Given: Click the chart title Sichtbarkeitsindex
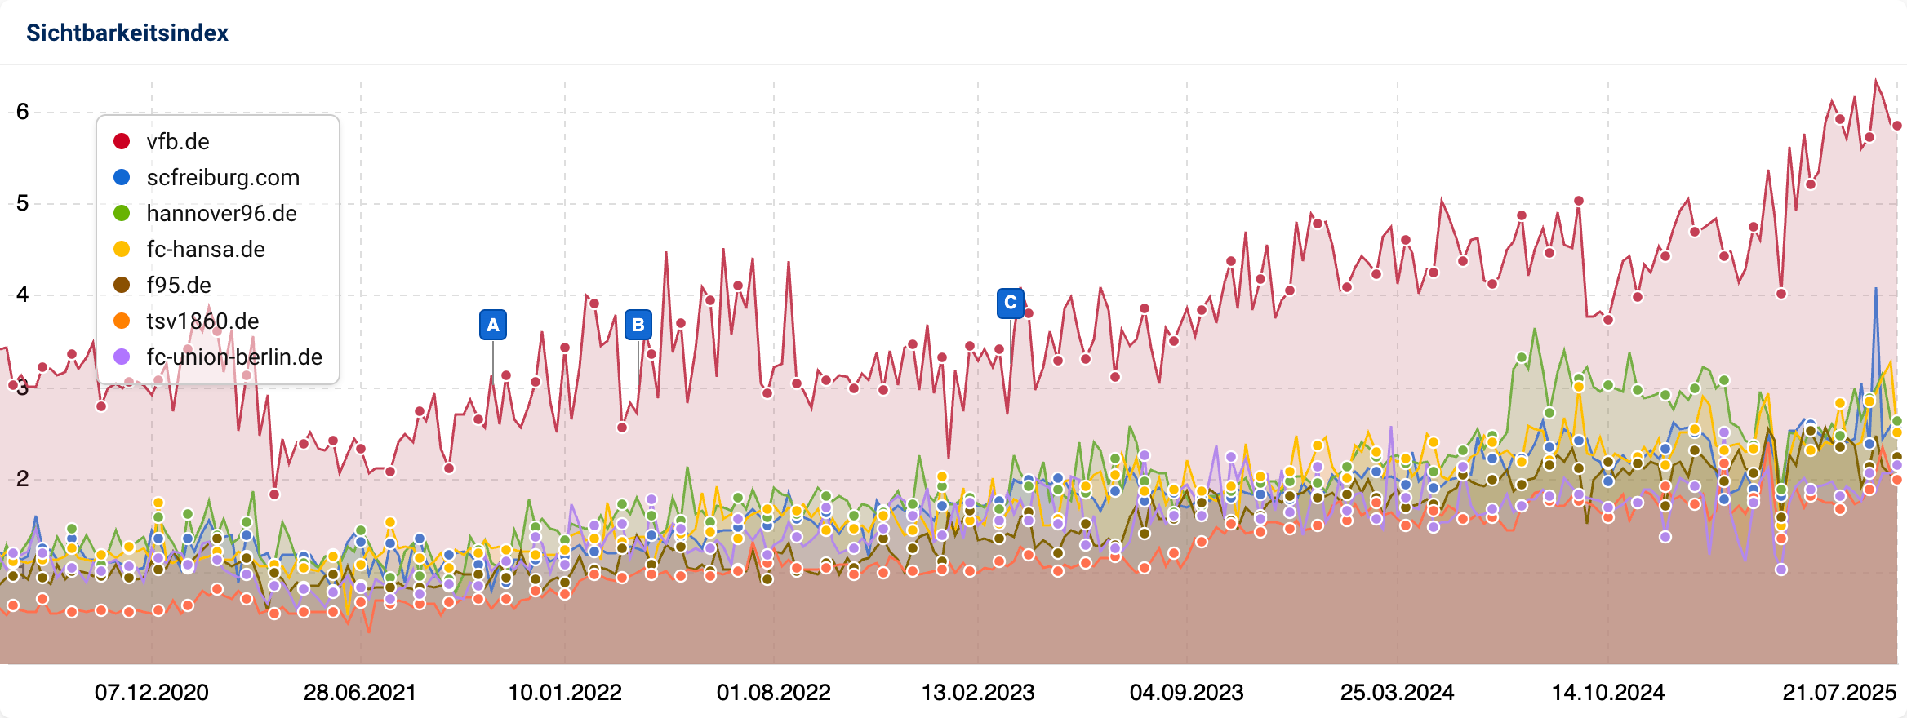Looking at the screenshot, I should click(127, 33).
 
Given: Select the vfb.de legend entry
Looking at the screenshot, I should click(177, 142).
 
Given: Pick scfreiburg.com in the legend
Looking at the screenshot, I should click(222, 178).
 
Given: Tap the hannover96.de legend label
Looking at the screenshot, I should click(221, 214).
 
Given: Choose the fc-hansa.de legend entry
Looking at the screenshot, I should click(205, 250).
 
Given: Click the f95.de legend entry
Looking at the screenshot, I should click(178, 286).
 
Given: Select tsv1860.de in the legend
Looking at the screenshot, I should click(202, 321).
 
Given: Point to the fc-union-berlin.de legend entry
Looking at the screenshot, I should click(233, 357).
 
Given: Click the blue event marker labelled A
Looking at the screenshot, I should click(493, 325).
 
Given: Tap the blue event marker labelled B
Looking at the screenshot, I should click(638, 325).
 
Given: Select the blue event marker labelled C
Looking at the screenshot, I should click(1011, 303).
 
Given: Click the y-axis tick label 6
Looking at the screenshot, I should click(23, 112).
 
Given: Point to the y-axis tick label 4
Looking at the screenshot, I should click(23, 295).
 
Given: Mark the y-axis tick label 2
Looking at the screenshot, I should click(23, 479).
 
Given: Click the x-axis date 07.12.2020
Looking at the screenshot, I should click(152, 693).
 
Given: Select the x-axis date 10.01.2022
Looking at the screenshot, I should click(565, 693).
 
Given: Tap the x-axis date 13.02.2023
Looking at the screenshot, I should click(978, 693).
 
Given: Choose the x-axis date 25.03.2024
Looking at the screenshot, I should click(1397, 693).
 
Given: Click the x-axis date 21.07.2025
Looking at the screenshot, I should click(1838, 693).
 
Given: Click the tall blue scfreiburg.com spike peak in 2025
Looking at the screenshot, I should click(1876, 289).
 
